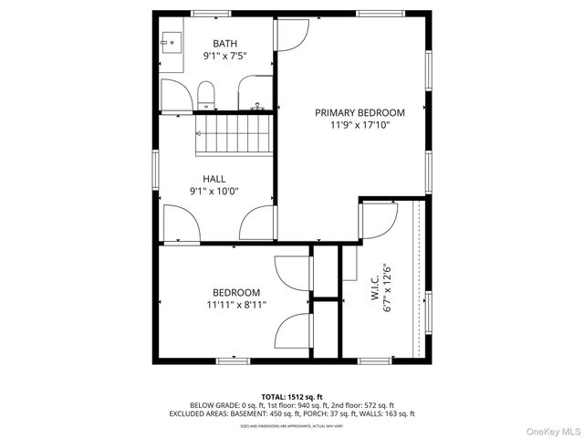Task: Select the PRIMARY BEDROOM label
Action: click(x=360, y=113)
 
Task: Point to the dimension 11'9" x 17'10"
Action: click(x=360, y=126)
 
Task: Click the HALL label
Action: click(x=214, y=179)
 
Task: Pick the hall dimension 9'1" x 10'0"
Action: click(x=214, y=192)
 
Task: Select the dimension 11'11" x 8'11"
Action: click(x=236, y=306)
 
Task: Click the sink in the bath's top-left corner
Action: click(x=172, y=41)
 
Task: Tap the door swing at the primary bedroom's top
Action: click(x=292, y=34)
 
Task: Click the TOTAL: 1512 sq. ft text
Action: click(x=291, y=397)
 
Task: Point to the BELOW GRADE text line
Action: click(x=291, y=405)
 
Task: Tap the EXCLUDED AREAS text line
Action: click(x=291, y=413)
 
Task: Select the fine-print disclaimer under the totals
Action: click(x=291, y=425)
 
